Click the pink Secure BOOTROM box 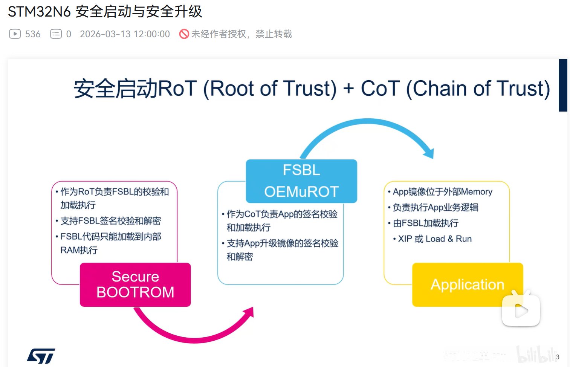tap(135, 284)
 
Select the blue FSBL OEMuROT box tap(301, 181)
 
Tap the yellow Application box tap(468, 284)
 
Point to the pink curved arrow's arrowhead tap(249, 312)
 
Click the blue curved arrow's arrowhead tap(429, 153)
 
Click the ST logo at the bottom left tap(41, 356)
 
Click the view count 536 tap(33, 34)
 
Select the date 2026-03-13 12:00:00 tap(125, 34)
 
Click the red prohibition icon tap(184, 34)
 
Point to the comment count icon tap(56, 34)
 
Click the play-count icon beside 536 tap(15, 34)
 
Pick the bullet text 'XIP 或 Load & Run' tap(435, 239)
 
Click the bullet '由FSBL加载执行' tap(426, 223)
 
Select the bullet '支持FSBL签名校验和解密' tap(111, 221)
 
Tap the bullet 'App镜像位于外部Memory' tap(442, 192)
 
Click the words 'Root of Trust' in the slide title tap(270, 89)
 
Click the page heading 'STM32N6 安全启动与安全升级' tap(105, 12)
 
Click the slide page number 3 tap(558, 357)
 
